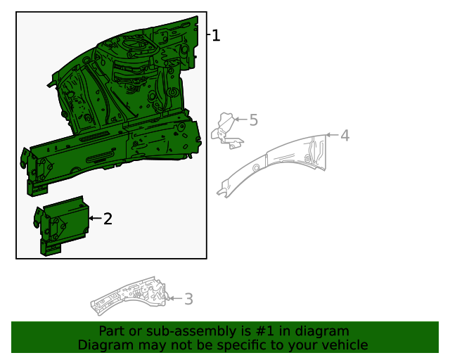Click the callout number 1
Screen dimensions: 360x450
coord(217,35)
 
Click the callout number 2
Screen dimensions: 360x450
coord(108,219)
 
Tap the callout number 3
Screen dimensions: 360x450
coord(188,300)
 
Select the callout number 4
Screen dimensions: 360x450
coord(345,136)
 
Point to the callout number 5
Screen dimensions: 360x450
coord(253,120)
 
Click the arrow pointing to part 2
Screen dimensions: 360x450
coord(94,219)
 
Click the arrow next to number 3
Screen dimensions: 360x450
coord(175,299)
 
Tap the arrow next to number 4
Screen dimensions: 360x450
coord(332,135)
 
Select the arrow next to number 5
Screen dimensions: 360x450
coord(240,120)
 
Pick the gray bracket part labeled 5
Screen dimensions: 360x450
coord(226,131)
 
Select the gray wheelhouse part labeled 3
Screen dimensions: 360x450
coord(130,296)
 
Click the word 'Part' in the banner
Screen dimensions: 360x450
coord(111,331)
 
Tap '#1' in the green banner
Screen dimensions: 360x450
coord(280,331)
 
